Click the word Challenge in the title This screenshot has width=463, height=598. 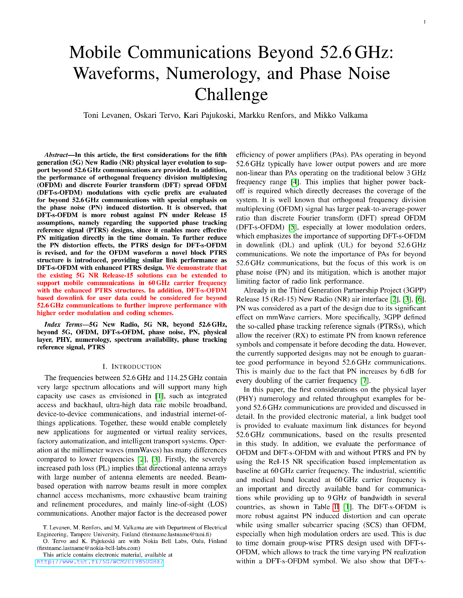[x=231, y=95]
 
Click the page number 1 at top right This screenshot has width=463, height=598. [x=425, y=22]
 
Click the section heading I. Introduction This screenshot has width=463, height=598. [x=132, y=366]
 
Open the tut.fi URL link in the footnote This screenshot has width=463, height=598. [x=100, y=562]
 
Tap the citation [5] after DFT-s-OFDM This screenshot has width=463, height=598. [x=292, y=227]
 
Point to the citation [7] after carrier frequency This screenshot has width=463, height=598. [x=364, y=380]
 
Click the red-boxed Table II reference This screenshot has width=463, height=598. [x=336, y=507]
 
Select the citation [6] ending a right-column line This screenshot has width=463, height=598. [x=419, y=299]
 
